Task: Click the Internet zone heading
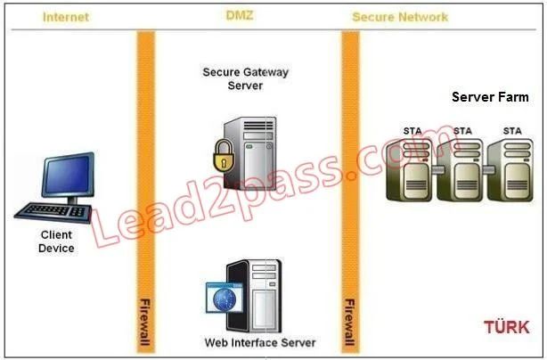pos(66,17)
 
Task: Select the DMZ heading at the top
pos(240,15)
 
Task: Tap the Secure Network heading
pos(400,17)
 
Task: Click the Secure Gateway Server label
pos(245,78)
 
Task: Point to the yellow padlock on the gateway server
pos(224,156)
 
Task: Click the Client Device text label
pos(56,241)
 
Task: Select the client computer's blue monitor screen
pos(68,175)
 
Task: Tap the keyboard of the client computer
pos(53,212)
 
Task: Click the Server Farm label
pos(490,97)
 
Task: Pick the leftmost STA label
pos(412,131)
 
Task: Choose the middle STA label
pos(462,131)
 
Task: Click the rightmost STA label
pos(512,131)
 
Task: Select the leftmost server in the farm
pos(410,170)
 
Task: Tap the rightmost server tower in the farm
pos(510,170)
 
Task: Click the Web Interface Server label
pos(260,342)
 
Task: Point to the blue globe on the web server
pos(224,299)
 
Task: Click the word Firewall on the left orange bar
pos(145,322)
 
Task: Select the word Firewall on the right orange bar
pos(349,322)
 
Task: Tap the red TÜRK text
pos(507,327)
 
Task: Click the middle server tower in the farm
pos(460,170)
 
